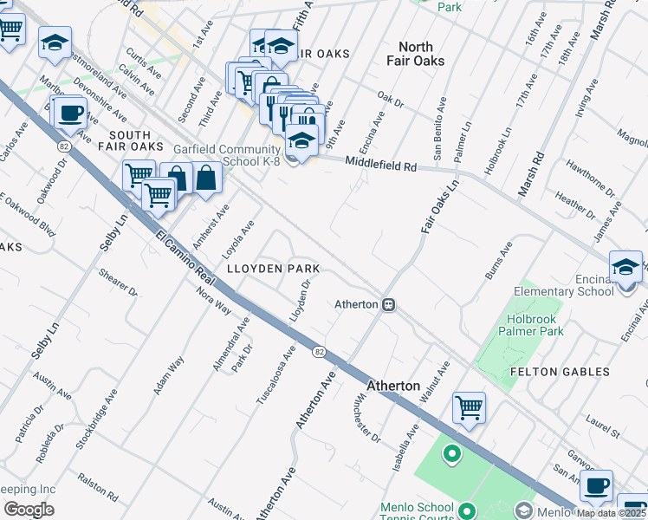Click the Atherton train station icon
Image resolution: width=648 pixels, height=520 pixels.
(390, 304)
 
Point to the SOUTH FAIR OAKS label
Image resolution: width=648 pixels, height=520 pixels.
(130, 141)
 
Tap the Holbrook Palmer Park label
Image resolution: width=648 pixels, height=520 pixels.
(530, 325)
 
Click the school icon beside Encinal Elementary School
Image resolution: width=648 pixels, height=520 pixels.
(625, 266)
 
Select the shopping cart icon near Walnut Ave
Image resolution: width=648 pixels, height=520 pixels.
(469, 406)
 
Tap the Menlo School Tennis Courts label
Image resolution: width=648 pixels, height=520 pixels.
(417, 513)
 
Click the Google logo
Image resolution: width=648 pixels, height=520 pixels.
(28, 510)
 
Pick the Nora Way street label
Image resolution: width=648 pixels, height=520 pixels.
(190, 299)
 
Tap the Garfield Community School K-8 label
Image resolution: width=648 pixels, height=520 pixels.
(228, 155)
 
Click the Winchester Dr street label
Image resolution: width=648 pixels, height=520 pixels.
(367, 419)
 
